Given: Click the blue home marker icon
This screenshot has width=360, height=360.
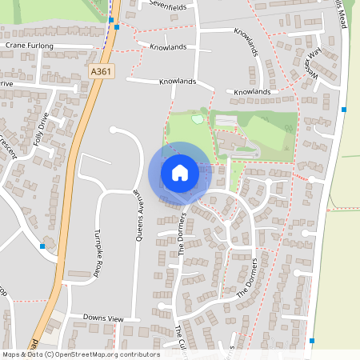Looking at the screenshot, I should click(180, 172).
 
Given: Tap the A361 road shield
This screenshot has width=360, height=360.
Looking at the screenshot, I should click(101, 71).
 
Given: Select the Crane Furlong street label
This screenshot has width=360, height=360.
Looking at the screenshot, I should click(29, 46).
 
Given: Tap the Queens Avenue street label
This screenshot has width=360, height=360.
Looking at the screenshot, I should click(137, 218).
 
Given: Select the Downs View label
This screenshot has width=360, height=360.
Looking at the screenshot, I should click(104, 318).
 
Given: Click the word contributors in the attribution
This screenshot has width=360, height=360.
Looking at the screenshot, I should click(137, 354).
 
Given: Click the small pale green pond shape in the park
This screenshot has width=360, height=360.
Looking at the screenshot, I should click(197, 118).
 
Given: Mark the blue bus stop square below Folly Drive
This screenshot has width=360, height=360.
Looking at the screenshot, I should click(42, 246).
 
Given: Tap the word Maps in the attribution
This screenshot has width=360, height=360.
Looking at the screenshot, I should click(12, 354).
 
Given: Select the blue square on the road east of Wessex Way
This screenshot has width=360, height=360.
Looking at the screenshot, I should click(344, 109).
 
